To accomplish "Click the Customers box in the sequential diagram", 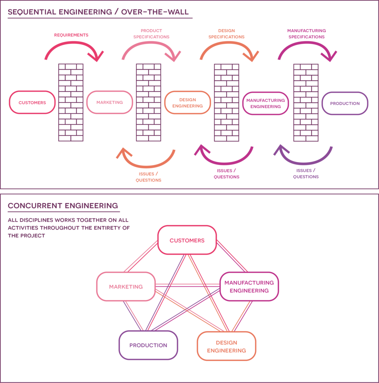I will click(x=32, y=102).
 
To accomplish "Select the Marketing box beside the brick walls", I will click(x=109, y=102).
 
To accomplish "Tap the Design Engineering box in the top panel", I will click(x=188, y=102).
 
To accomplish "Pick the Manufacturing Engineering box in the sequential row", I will click(x=266, y=103).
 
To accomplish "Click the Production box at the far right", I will click(x=345, y=103).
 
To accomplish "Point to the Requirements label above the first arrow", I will click(x=71, y=35).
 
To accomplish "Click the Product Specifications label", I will click(x=151, y=34).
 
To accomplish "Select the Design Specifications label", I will click(x=226, y=34).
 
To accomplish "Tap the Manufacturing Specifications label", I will click(x=306, y=34).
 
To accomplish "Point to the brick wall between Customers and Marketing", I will click(x=71, y=102).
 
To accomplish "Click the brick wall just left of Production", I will click(x=306, y=102).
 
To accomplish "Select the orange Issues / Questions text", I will click(x=148, y=177).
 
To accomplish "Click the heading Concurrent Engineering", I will click(x=63, y=206).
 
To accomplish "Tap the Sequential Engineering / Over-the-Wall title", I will click(x=100, y=12).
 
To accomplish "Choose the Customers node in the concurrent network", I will click(x=187, y=240).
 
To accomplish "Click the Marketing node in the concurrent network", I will click(x=126, y=287).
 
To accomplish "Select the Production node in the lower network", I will click(x=148, y=345).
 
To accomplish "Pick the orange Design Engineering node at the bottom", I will click(x=227, y=346).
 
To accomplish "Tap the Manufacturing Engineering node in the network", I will click(x=249, y=287).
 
